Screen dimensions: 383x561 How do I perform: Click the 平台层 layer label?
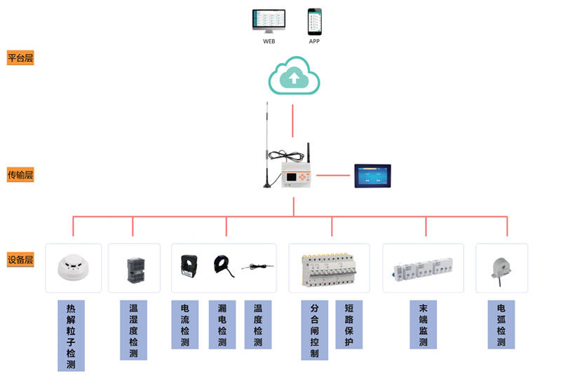coord(20,58)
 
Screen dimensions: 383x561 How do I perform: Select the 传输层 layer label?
coord(20,175)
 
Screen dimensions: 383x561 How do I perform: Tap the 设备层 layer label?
coord(20,259)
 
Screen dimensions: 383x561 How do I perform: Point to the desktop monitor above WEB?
coord(269,22)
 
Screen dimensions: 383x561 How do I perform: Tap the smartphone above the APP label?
coord(314,22)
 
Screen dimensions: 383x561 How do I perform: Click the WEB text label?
coord(269,41)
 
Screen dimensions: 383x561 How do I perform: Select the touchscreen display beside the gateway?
coord(372,175)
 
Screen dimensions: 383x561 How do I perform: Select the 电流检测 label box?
coord(185,325)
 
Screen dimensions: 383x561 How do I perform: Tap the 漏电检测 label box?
coord(222,325)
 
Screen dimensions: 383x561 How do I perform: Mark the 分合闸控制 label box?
coord(314,330)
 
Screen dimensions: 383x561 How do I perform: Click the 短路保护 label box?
coord(349,325)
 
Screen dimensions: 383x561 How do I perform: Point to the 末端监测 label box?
coord(424,325)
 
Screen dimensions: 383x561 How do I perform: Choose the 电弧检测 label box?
coord(501,325)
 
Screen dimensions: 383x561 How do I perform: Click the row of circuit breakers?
coord(332,270)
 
